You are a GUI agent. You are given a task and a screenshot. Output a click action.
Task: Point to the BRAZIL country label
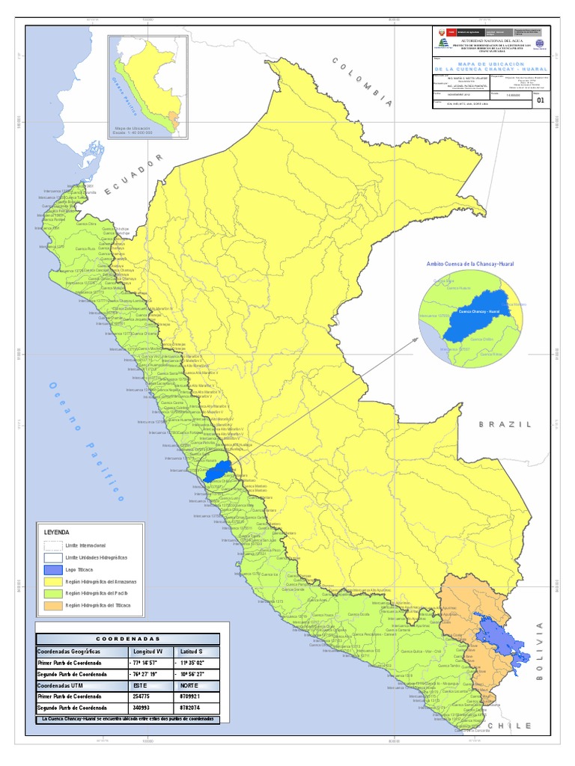(505, 424)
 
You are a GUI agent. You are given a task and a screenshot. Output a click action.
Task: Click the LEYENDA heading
(57, 532)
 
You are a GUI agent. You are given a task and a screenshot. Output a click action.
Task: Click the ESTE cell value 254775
(144, 695)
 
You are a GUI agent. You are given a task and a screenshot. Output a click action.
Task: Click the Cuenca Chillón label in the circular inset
(481, 339)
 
